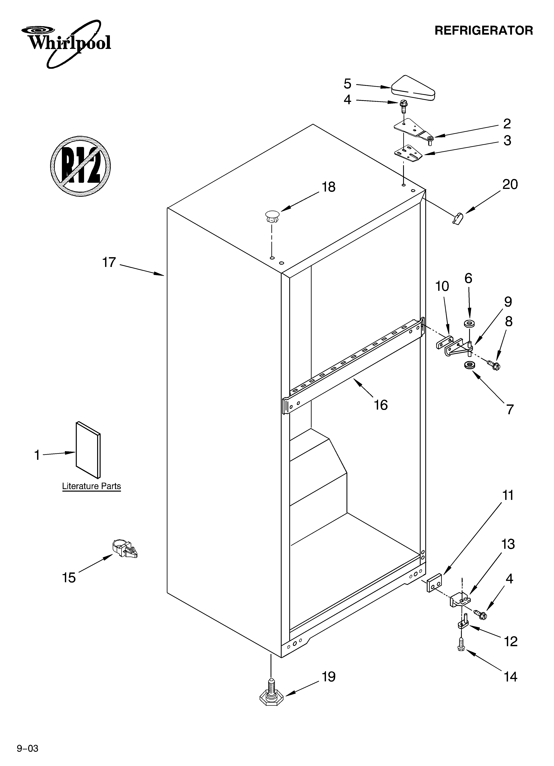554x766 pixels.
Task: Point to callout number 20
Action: tap(510, 184)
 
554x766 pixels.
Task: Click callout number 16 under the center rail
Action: tap(381, 405)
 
